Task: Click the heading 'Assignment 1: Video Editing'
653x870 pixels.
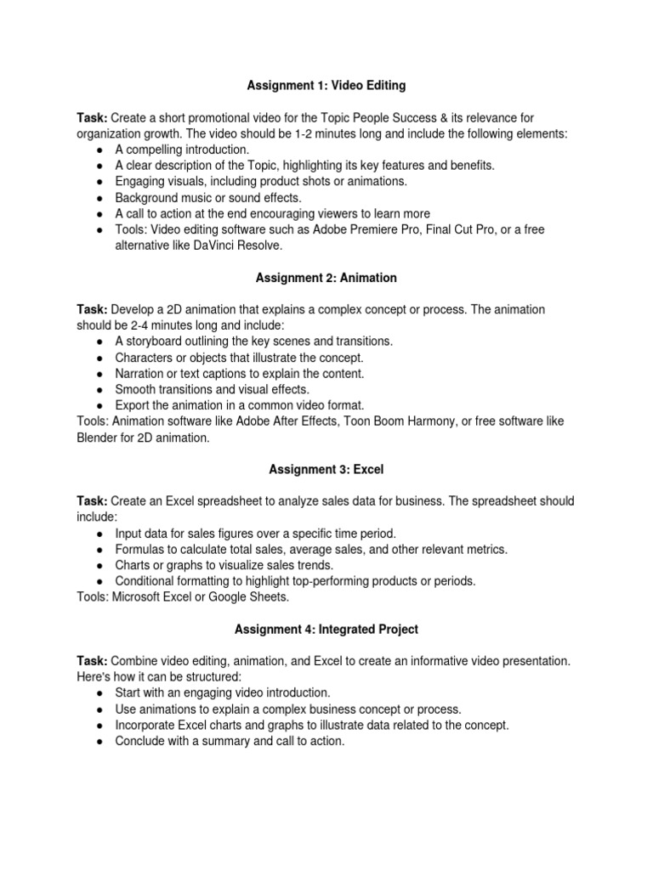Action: (326, 85)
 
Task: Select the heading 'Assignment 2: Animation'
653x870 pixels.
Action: (326, 277)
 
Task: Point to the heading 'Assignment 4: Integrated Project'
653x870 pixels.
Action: (326, 629)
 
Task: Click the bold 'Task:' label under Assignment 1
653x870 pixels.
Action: (92, 117)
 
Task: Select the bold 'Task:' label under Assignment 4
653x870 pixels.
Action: (92, 660)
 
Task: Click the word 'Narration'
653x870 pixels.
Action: (142, 373)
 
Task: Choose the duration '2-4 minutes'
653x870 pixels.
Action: (151, 325)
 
